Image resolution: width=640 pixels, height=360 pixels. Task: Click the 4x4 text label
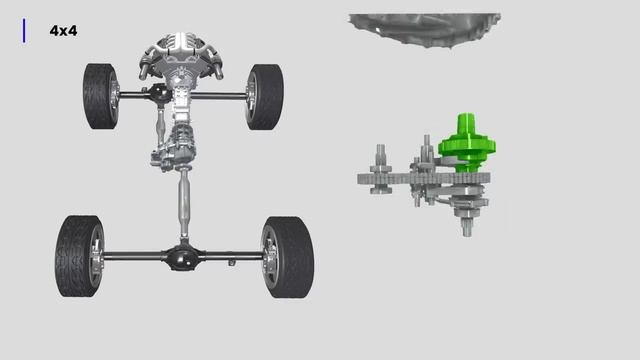point(63,31)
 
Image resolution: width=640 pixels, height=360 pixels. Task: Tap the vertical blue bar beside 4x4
point(24,31)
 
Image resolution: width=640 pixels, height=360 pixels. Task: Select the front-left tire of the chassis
point(100,96)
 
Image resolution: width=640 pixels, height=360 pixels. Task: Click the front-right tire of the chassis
point(265,97)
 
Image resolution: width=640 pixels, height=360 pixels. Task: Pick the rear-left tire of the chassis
point(79,256)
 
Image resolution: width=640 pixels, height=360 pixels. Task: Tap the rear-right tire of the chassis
point(288,257)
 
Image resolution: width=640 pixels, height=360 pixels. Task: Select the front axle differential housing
point(160,93)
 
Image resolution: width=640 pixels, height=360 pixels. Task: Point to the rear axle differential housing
point(182,257)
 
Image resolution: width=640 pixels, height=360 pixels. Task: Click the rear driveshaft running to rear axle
point(184,204)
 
